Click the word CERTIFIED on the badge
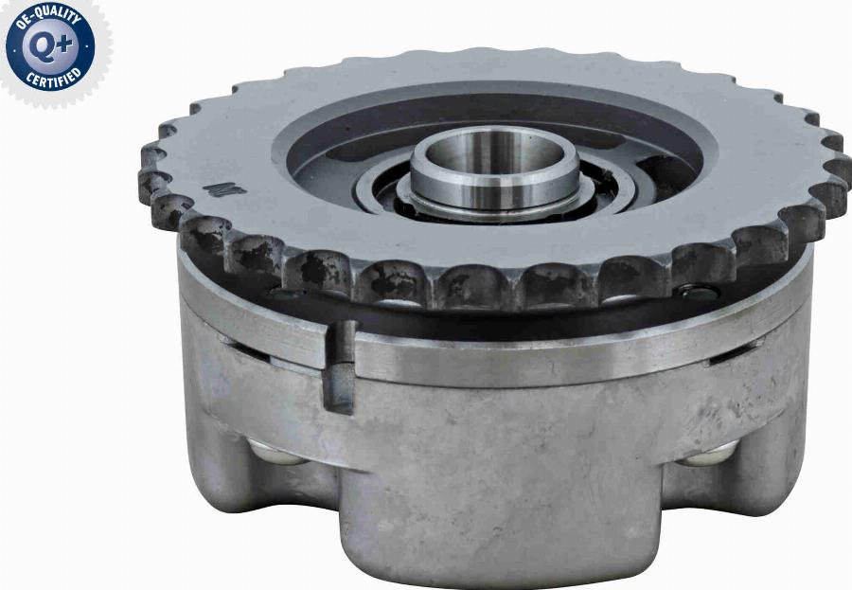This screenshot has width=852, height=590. pos(53,79)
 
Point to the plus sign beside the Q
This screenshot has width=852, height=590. pos(65,45)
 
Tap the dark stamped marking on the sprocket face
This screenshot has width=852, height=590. pos(224,189)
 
